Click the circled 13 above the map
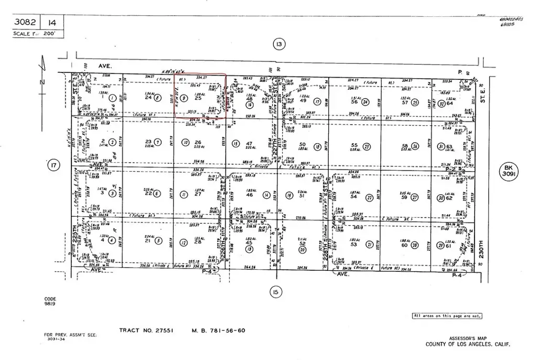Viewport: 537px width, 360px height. (278, 45)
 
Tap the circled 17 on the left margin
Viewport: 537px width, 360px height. (52, 166)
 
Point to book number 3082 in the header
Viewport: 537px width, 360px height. (25, 23)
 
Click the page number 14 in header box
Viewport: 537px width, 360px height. (52, 23)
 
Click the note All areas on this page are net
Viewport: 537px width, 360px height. (447, 316)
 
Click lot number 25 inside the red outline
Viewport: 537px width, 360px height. (198, 98)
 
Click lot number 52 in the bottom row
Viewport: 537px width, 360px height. (302, 243)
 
